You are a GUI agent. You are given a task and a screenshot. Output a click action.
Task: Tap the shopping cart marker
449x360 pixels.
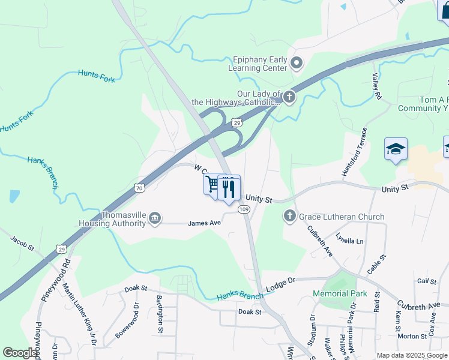tap(212, 183)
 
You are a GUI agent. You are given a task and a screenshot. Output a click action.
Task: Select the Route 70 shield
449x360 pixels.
tap(139, 188)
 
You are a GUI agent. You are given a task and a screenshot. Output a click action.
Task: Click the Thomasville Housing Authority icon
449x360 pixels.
tap(155, 217)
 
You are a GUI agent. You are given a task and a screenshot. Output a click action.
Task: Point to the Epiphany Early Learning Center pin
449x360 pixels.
tap(297, 62)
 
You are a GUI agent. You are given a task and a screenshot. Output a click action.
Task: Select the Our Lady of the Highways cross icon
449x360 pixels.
tap(289, 97)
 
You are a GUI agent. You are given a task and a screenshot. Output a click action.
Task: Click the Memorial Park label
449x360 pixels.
tap(340, 293)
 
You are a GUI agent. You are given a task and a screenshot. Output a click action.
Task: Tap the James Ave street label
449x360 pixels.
tap(205, 223)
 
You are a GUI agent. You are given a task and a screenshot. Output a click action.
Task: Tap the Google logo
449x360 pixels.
tap(20, 353)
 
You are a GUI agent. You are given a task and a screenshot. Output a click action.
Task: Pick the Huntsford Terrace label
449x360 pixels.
tap(353, 152)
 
